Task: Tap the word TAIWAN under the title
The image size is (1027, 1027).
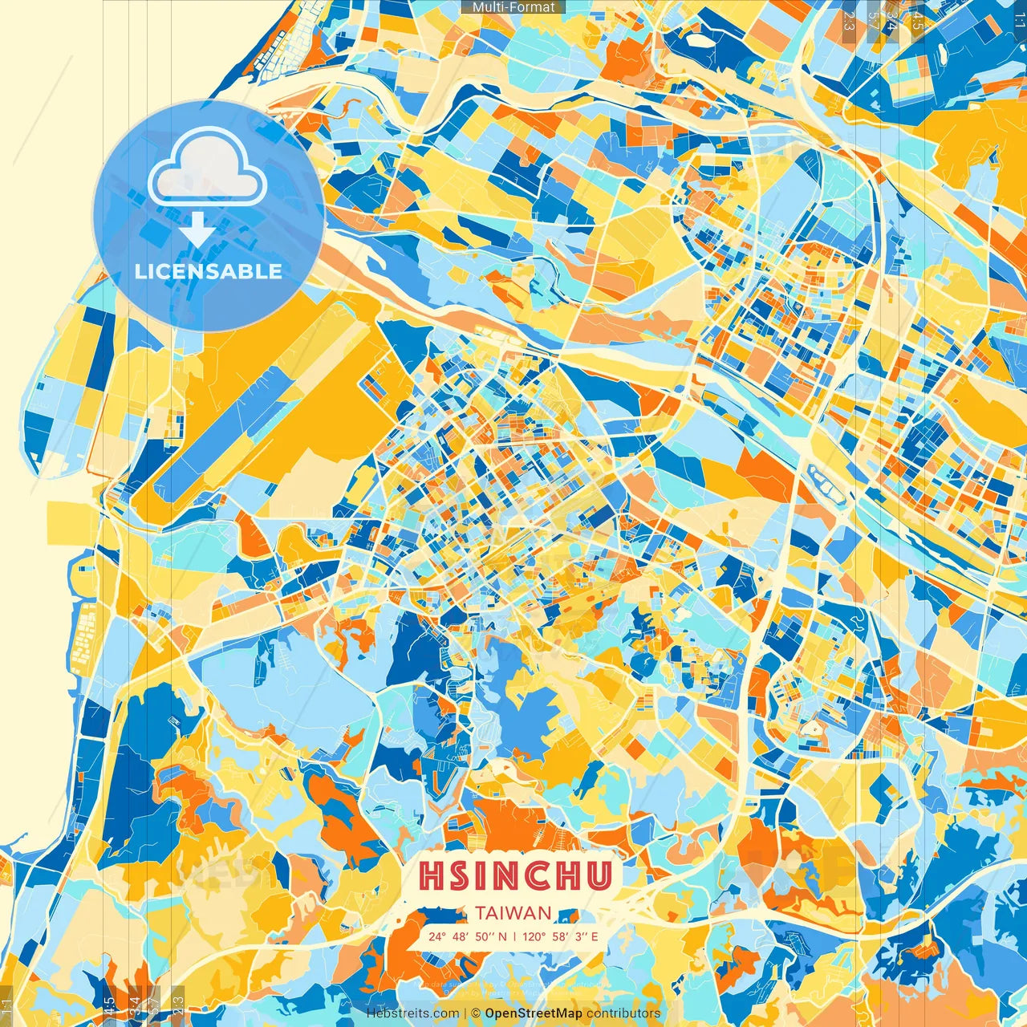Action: tap(513, 913)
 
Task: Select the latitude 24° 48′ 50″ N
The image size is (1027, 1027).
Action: tap(467, 936)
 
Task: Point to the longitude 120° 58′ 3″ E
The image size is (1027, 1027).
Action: tap(561, 936)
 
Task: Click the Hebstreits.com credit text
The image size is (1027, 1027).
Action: tap(412, 1013)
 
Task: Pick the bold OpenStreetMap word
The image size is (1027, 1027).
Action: tap(534, 1013)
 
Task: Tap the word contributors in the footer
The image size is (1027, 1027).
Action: tap(623, 1013)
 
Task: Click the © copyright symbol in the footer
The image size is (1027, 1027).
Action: tap(475, 1013)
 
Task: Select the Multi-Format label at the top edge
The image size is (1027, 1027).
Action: tap(513, 7)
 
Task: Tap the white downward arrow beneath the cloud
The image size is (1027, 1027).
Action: tap(197, 229)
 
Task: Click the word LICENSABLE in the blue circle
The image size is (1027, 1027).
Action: tap(209, 271)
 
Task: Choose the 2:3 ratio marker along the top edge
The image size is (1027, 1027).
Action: tap(849, 20)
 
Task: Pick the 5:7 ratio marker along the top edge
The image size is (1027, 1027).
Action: tap(874, 20)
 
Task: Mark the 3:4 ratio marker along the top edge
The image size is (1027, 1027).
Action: tap(891, 20)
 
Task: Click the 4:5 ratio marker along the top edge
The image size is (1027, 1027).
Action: tap(918, 20)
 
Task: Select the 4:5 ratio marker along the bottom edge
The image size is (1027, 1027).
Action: tap(109, 1007)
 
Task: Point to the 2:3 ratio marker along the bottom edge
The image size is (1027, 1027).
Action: tap(178, 1007)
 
